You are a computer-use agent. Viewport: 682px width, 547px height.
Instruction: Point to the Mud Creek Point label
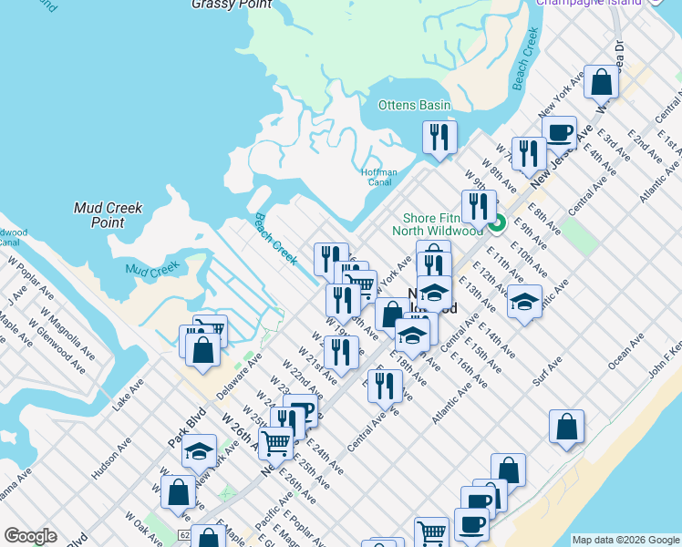[x=108, y=215]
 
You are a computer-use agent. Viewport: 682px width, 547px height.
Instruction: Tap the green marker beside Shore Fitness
[x=498, y=222]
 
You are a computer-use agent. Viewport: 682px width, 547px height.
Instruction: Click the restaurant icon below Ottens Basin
[x=439, y=138]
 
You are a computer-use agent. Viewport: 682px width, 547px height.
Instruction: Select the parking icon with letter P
[x=302, y=412]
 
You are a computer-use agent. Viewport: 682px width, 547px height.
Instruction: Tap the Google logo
[x=29, y=536]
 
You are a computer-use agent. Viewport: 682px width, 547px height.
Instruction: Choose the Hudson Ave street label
[x=111, y=459]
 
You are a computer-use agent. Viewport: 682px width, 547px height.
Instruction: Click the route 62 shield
[x=185, y=537]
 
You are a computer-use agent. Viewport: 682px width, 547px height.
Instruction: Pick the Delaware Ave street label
[x=240, y=376]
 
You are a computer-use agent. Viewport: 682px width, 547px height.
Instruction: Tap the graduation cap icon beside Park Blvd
[x=198, y=451]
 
